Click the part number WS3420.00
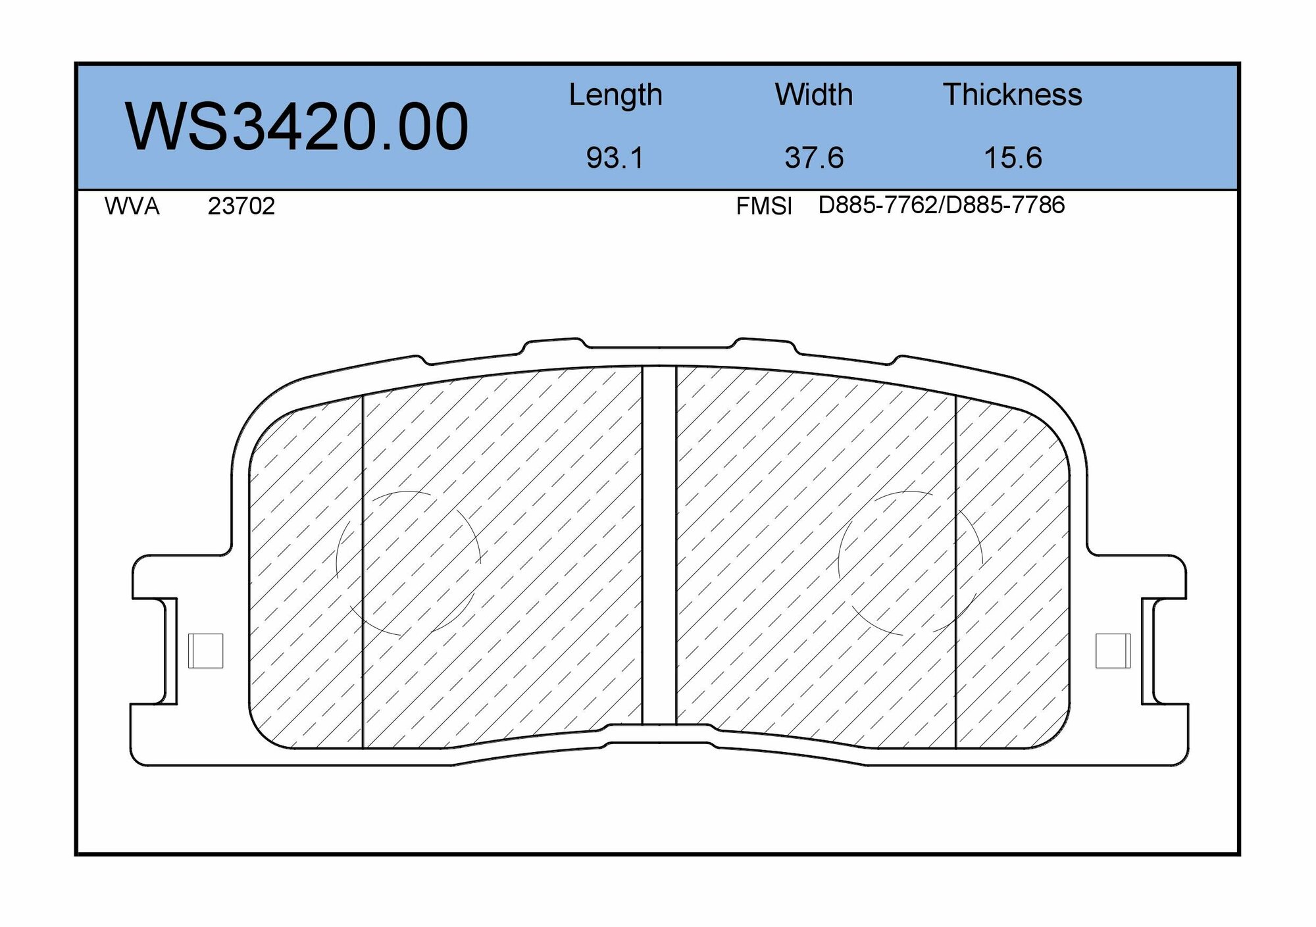coord(297,127)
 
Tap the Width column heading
coord(814,95)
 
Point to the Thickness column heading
coord(1013,95)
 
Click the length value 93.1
coord(615,158)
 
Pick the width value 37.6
coord(814,158)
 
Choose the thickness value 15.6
coord(1013,158)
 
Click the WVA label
coord(132,207)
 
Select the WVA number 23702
coord(241,207)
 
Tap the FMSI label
coord(764,207)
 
